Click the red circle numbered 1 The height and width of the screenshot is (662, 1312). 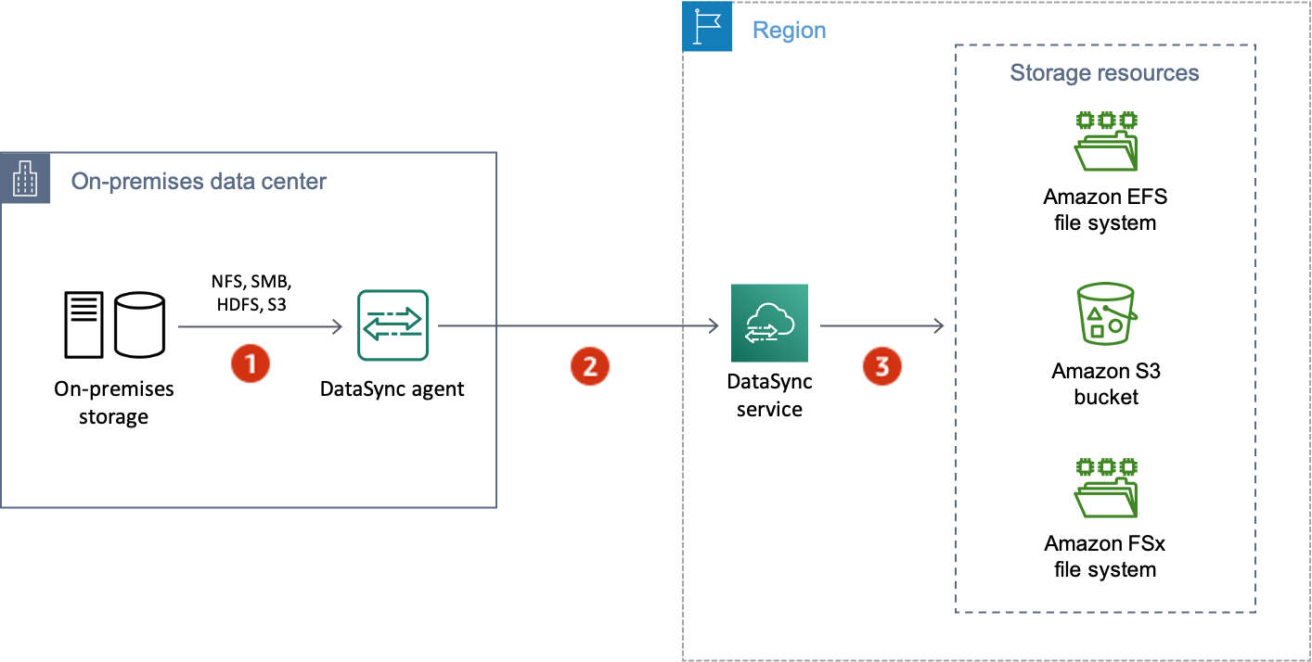tap(250, 363)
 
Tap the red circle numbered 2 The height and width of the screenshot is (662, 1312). tap(590, 366)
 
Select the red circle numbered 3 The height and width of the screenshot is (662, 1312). tap(881, 365)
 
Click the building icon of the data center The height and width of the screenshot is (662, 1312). tap(25, 180)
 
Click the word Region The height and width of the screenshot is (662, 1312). tap(789, 31)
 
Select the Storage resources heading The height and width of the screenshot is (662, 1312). tap(1104, 73)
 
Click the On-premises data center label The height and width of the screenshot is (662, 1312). tap(199, 181)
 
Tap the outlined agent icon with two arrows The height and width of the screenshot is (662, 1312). tap(393, 325)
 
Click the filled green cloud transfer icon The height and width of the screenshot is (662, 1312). tap(769, 324)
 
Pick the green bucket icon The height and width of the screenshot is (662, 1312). tap(1105, 315)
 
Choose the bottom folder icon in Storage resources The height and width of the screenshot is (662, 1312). tap(1105, 488)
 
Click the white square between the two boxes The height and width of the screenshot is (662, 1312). tap(607, 299)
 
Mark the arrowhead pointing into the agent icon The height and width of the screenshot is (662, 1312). tap(339, 326)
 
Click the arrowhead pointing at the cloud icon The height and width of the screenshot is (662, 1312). tap(714, 326)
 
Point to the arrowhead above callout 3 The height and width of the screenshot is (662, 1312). tap(939, 326)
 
